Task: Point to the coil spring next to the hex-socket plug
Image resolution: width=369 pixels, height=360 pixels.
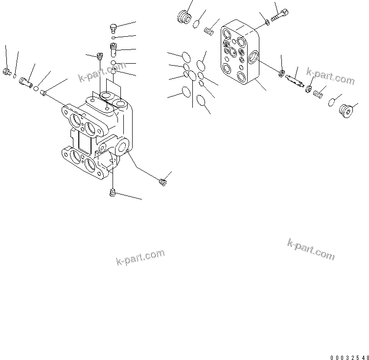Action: tap(319, 92)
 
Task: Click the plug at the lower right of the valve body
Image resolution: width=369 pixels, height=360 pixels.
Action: tap(163, 183)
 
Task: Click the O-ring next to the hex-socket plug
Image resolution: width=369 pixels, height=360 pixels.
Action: tap(332, 101)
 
